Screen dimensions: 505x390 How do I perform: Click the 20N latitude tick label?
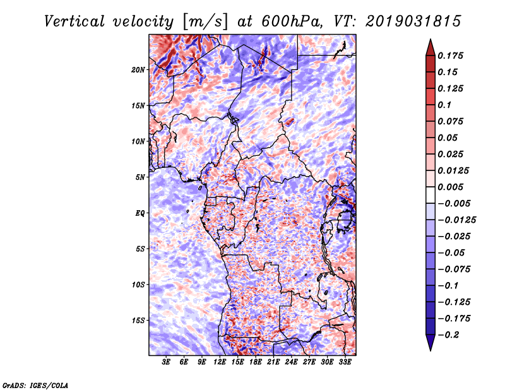pyautogui.click(x=138, y=70)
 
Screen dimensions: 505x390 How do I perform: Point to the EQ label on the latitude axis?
pyautogui.click(x=140, y=213)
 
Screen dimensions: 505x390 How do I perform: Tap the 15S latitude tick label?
pyautogui.click(x=138, y=321)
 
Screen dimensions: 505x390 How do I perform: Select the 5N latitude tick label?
pyautogui.click(x=140, y=177)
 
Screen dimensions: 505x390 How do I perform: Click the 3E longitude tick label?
pyautogui.click(x=166, y=362)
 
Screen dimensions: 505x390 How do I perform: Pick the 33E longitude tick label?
pyautogui.click(x=345, y=362)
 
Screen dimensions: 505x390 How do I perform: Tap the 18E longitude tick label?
pyautogui.click(x=256, y=362)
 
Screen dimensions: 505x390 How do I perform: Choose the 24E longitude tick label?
pyautogui.click(x=291, y=362)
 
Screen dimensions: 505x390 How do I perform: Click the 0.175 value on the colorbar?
pyautogui.click(x=450, y=56)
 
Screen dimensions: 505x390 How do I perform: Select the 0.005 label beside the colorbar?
pyautogui.click(x=450, y=187)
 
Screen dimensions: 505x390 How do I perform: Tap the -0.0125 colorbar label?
pyautogui.click(x=456, y=220)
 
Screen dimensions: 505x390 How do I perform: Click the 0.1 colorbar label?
pyautogui.click(x=444, y=105)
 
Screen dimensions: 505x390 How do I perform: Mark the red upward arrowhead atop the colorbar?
pyautogui.click(x=431, y=47)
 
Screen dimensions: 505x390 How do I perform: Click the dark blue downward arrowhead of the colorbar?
pyautogui.click(x=431, y=343)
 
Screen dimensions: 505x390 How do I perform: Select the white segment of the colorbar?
pyautogui.click(x=431, y=195)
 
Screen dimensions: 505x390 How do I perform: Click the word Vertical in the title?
pyautogui.click(x=74, y=21)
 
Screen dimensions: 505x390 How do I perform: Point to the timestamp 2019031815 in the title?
pyautogui.click(x=413, y=21)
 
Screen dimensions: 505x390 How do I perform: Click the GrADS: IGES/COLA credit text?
pyautogui.click(x=35, y=385)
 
